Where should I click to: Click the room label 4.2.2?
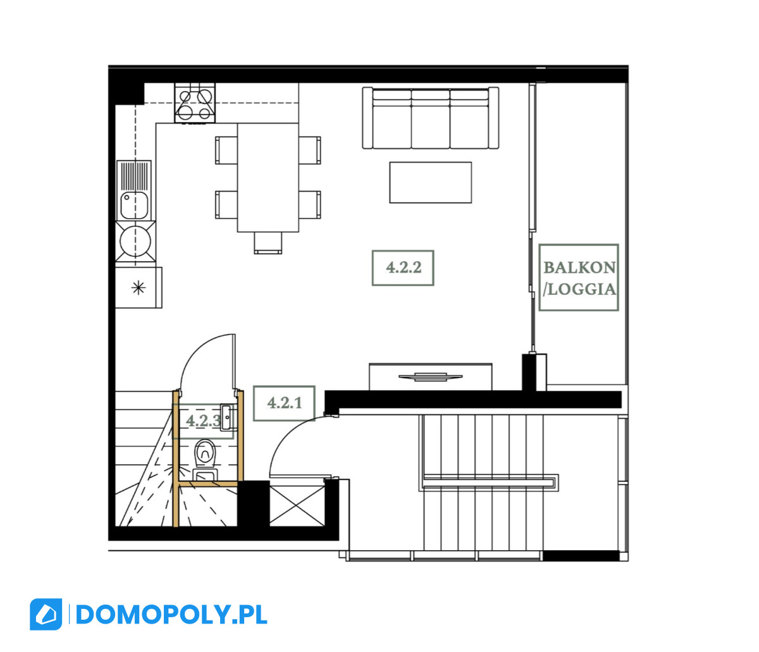[x=403, y=268]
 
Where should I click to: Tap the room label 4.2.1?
[x=284, y=403]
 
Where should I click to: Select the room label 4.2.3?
[x=203, y=421]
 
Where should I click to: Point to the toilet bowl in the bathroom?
[x=206, y=455]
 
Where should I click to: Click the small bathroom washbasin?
[x=226, y=417]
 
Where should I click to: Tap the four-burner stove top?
[x=195, y=103]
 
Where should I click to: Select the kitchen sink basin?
[x=134, y=206]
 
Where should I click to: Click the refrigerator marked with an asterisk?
[x=139, y=288]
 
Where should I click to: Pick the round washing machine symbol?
[x=135, y=242]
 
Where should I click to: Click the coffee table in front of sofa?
[x=430, y=183]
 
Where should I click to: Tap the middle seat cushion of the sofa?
[x=430, y=119]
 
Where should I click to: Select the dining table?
[x=268, y=178]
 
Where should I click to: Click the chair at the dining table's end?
[x=268, y=243]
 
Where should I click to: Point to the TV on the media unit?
[x=430, y=377]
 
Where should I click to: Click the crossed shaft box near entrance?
[x=297, y=506]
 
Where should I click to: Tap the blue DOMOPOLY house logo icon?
[x=46, y=614]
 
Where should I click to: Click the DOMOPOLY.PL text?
[x=171, y=615]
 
